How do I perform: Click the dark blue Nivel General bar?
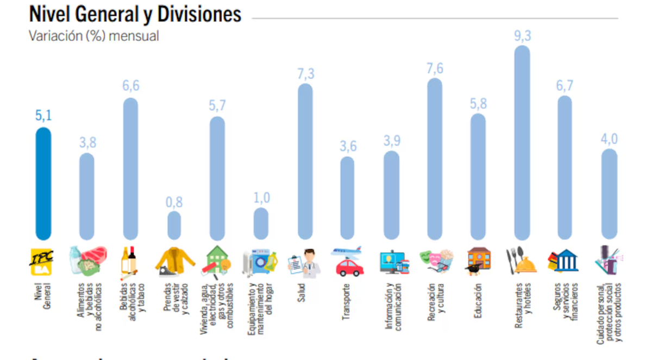click(x=43, y=184)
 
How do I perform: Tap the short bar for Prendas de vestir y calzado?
click(x=174, y=226)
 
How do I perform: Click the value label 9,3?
click(x=522, y=36)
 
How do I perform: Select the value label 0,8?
click(x=174, y=202)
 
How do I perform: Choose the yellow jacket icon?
click(x=174, y=261)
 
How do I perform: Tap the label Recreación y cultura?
click(x=436, y=301)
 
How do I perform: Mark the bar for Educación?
click(x=478, y=176)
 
